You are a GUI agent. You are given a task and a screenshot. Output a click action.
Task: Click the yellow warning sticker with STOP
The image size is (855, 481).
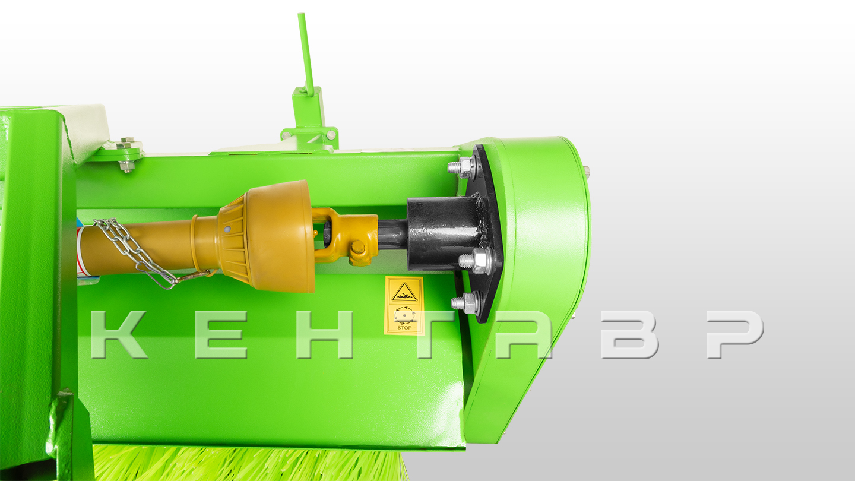404,305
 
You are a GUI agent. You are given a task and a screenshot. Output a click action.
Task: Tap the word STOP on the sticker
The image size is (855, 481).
404,328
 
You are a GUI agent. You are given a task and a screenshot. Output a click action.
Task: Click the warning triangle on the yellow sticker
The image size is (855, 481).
404,293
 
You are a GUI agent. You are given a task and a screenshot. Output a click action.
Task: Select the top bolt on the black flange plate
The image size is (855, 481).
463,167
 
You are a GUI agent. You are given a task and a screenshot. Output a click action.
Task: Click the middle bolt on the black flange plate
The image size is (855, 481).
475,261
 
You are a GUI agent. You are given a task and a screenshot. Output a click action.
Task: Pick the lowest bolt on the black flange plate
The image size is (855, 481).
465,303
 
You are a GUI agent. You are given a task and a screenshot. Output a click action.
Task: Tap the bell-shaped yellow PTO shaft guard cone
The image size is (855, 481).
267,236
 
